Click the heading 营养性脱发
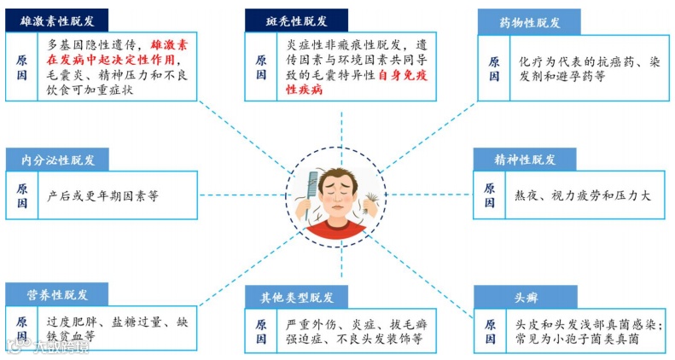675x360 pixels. (57, 295)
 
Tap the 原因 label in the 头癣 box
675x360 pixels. (489, 333)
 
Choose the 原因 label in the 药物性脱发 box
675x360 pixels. (494, 69)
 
